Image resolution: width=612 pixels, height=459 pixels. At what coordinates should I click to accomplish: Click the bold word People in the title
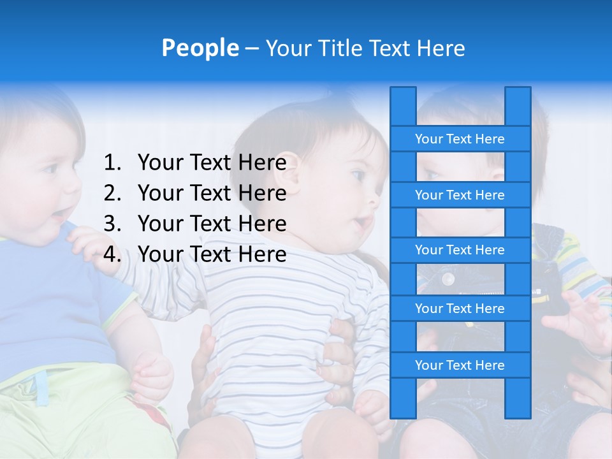pos(200,48)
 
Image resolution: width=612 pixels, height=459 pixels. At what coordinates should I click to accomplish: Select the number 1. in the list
pos(112,163)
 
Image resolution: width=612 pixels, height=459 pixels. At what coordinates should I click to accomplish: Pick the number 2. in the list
pos(112,193)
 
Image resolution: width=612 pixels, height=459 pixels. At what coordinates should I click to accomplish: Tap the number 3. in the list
pos(112,224)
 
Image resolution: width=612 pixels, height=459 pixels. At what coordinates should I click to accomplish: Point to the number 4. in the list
pos(112,254)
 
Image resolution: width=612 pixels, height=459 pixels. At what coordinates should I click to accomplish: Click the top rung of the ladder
pos(460,139)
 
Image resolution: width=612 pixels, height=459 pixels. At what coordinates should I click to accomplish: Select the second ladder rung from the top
pos(460,195)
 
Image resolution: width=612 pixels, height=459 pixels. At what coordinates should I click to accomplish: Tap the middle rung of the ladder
pos(460,250)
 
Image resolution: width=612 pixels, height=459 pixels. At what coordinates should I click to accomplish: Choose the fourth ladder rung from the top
pos(460,309)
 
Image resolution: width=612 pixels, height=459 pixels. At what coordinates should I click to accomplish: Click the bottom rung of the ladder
pos(460,365)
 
